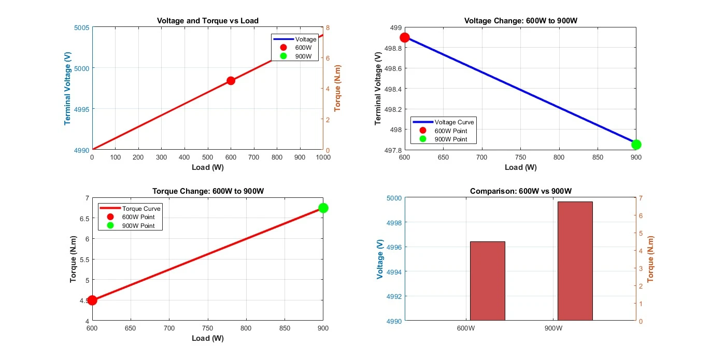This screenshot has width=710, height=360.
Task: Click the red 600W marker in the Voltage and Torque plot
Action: tap(231, 81)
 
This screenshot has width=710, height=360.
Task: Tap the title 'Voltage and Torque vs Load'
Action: tap(208, 21)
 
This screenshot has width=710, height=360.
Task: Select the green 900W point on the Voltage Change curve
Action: tap(636, 145)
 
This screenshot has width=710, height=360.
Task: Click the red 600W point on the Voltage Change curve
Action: tap(405, 37)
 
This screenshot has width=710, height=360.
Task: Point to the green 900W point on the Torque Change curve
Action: tap(323, 208)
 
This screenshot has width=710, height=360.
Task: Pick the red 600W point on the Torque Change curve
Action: tap(92, 300)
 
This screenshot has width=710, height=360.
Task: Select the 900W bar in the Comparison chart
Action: tap(575, 261)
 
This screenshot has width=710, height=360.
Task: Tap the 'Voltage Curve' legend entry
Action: tap(454, 122)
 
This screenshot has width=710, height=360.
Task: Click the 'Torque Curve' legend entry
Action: tap(142, 209)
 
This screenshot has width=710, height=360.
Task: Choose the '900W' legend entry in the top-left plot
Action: tap(303, 56)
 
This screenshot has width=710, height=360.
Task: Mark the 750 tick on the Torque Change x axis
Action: tap(208, 328)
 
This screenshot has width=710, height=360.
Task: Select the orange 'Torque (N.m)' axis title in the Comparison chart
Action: tap(650, 260)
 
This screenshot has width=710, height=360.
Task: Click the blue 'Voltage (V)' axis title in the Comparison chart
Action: tap(380, 260)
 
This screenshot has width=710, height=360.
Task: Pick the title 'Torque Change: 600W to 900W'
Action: tap(208, 191)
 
